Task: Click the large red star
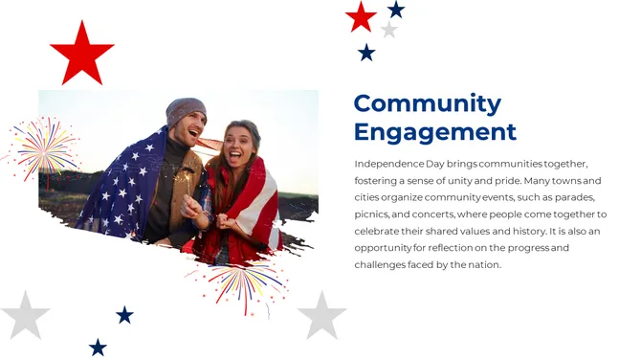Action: coord(81,53)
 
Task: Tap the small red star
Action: coord(361,16)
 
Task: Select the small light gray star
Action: coord(388,30)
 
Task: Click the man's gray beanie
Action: coord(186,110)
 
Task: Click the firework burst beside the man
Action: coord(43,148)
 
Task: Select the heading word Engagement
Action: coord(434,132)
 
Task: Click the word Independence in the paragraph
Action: coord(389,164)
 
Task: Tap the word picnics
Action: coord(373,214)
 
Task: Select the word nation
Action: coord(482,264)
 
